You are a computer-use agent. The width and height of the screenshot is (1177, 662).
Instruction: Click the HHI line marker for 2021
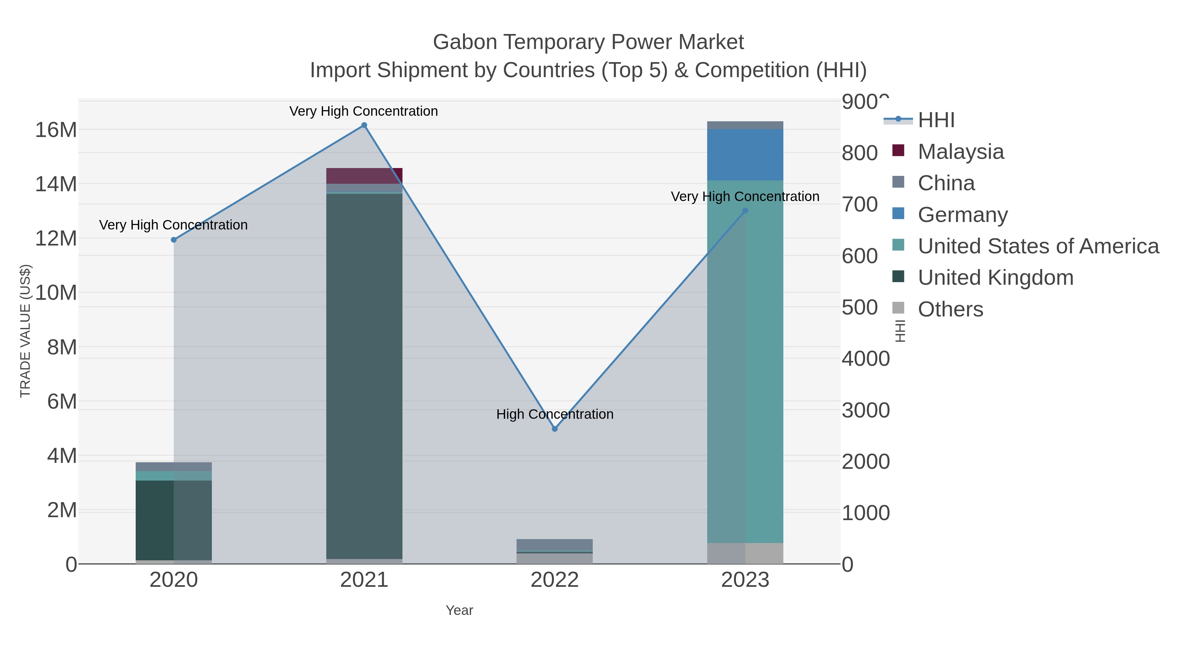(364, 125)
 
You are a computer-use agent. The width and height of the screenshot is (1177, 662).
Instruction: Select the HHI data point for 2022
(555, 429)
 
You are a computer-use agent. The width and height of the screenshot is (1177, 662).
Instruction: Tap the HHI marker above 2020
(174, 240)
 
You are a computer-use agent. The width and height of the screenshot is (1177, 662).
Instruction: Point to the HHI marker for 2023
(745, 211)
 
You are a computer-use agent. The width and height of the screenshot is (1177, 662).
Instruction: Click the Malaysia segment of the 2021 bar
(364, 176)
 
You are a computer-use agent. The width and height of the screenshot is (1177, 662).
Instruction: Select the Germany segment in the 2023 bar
(745, 154)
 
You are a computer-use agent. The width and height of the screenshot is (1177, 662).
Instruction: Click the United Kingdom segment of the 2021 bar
(364, 375)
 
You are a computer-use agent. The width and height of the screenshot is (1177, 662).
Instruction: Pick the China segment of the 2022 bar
(555, 545)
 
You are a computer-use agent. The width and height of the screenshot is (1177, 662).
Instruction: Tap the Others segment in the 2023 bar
(745, 553)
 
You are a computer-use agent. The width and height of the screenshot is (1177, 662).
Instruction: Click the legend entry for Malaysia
(961, 152)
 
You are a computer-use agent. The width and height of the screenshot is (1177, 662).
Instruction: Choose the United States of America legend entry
(1038, 246)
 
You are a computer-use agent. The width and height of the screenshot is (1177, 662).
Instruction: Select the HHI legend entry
(936, 120)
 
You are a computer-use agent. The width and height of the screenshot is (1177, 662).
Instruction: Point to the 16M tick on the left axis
(56, 130)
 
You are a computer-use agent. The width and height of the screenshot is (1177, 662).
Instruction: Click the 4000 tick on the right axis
(865, 359)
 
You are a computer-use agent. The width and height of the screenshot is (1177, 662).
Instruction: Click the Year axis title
(459, 610)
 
